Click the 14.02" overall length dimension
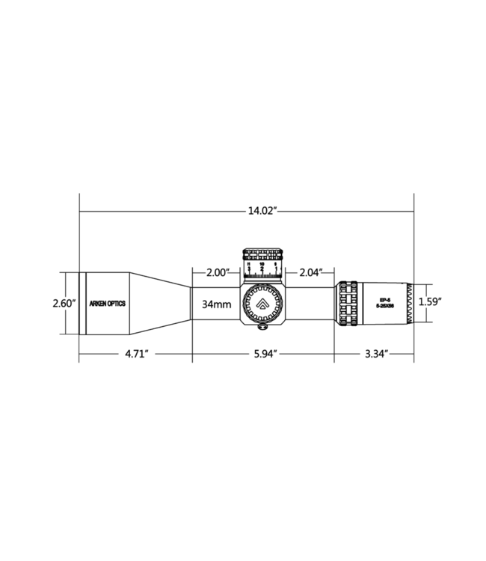click(x=262, y=211)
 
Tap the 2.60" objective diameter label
click(x=63, y=303)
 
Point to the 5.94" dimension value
click(x=262, y=355)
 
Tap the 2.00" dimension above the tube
click(x=216, y=273)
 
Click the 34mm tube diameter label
click(x=216, y=304)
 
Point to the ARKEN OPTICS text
click(x=108, y=304)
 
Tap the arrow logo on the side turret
click(x=262, y=304)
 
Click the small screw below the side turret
click(x=262, y=326)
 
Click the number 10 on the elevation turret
click(x=262, y=265)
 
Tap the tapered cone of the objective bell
click(x=161, y=303)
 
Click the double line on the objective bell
click(x=83, y=303)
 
